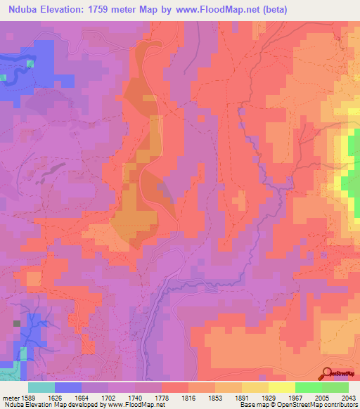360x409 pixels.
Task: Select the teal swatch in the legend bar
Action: [41, 387]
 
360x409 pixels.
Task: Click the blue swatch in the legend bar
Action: [68, 387]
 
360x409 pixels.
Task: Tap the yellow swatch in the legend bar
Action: [281, 387]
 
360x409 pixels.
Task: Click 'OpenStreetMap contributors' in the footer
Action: [324, 405]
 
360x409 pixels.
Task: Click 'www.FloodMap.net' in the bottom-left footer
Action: [133, 405]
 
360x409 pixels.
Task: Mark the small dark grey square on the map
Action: [16, 323]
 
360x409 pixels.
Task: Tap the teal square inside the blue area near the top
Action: [30, 64]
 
